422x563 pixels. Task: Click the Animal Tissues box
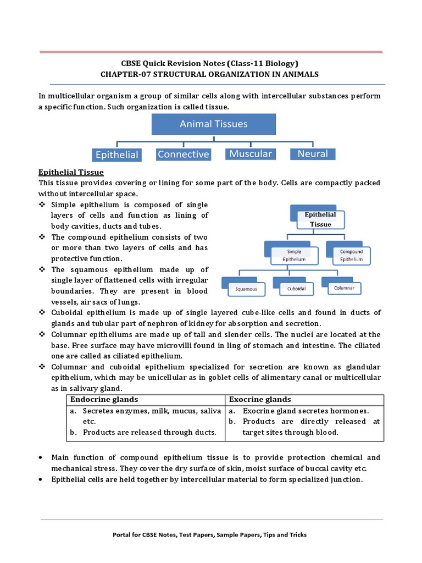213,124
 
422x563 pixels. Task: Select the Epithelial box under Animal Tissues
117,154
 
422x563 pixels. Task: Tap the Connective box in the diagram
183,154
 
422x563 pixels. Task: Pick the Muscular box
251,154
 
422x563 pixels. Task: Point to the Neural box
313,154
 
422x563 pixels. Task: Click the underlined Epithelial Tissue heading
71,172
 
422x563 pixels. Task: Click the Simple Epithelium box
295,255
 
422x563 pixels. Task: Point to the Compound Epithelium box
351,255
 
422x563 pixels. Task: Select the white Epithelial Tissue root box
320,219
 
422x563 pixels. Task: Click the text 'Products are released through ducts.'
149,432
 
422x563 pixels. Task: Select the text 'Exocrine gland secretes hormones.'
306,411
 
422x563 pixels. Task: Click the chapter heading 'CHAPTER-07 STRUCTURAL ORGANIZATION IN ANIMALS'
213,74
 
